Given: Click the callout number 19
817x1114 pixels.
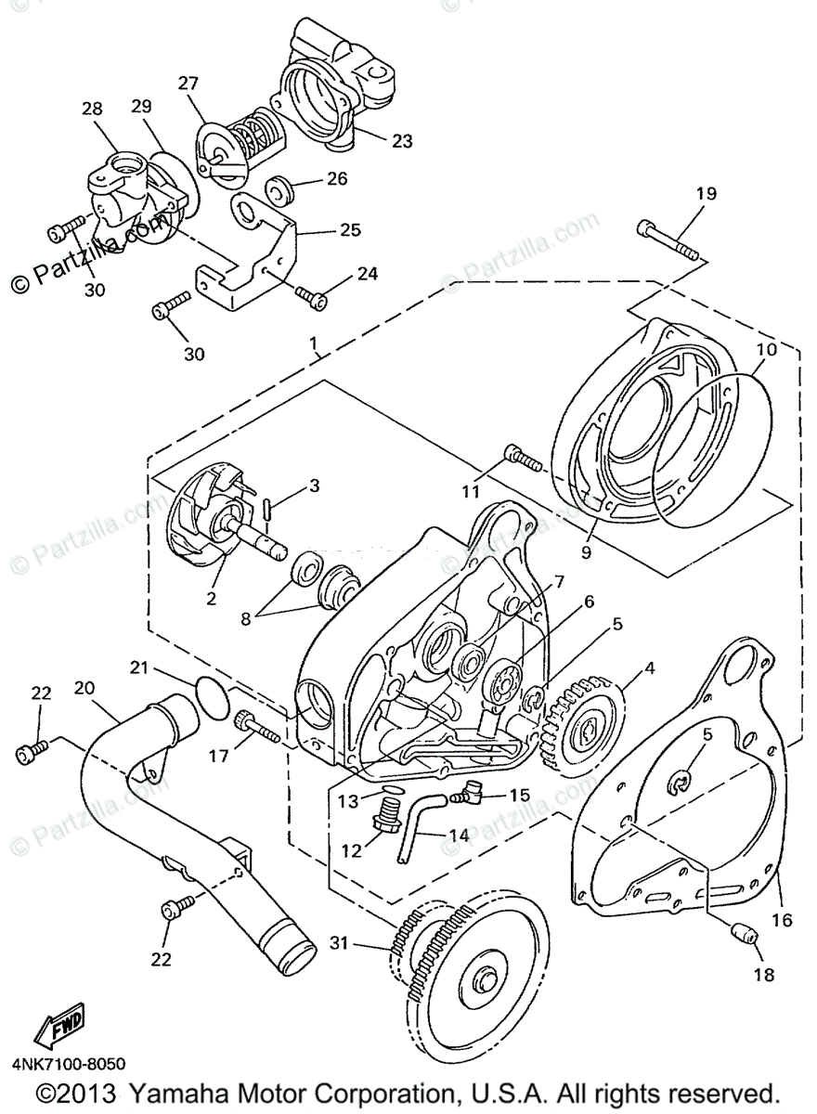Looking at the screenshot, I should click(x=707, y=194).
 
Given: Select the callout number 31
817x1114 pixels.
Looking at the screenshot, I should click(x=341, y=944).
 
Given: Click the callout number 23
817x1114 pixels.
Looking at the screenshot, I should click(x=401, y=141).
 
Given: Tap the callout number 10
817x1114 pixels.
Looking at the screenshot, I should click(x=765, y=351).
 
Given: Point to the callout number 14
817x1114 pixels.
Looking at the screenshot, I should click(x=459, y=835).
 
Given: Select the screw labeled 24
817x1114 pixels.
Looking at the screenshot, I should click(x=311, y=295).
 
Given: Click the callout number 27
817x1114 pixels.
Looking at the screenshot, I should click(x=189, y=83).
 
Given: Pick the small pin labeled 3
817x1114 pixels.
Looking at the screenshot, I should click(x=266, y=510).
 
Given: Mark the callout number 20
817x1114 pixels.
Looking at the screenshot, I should click(x=84, y=688).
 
